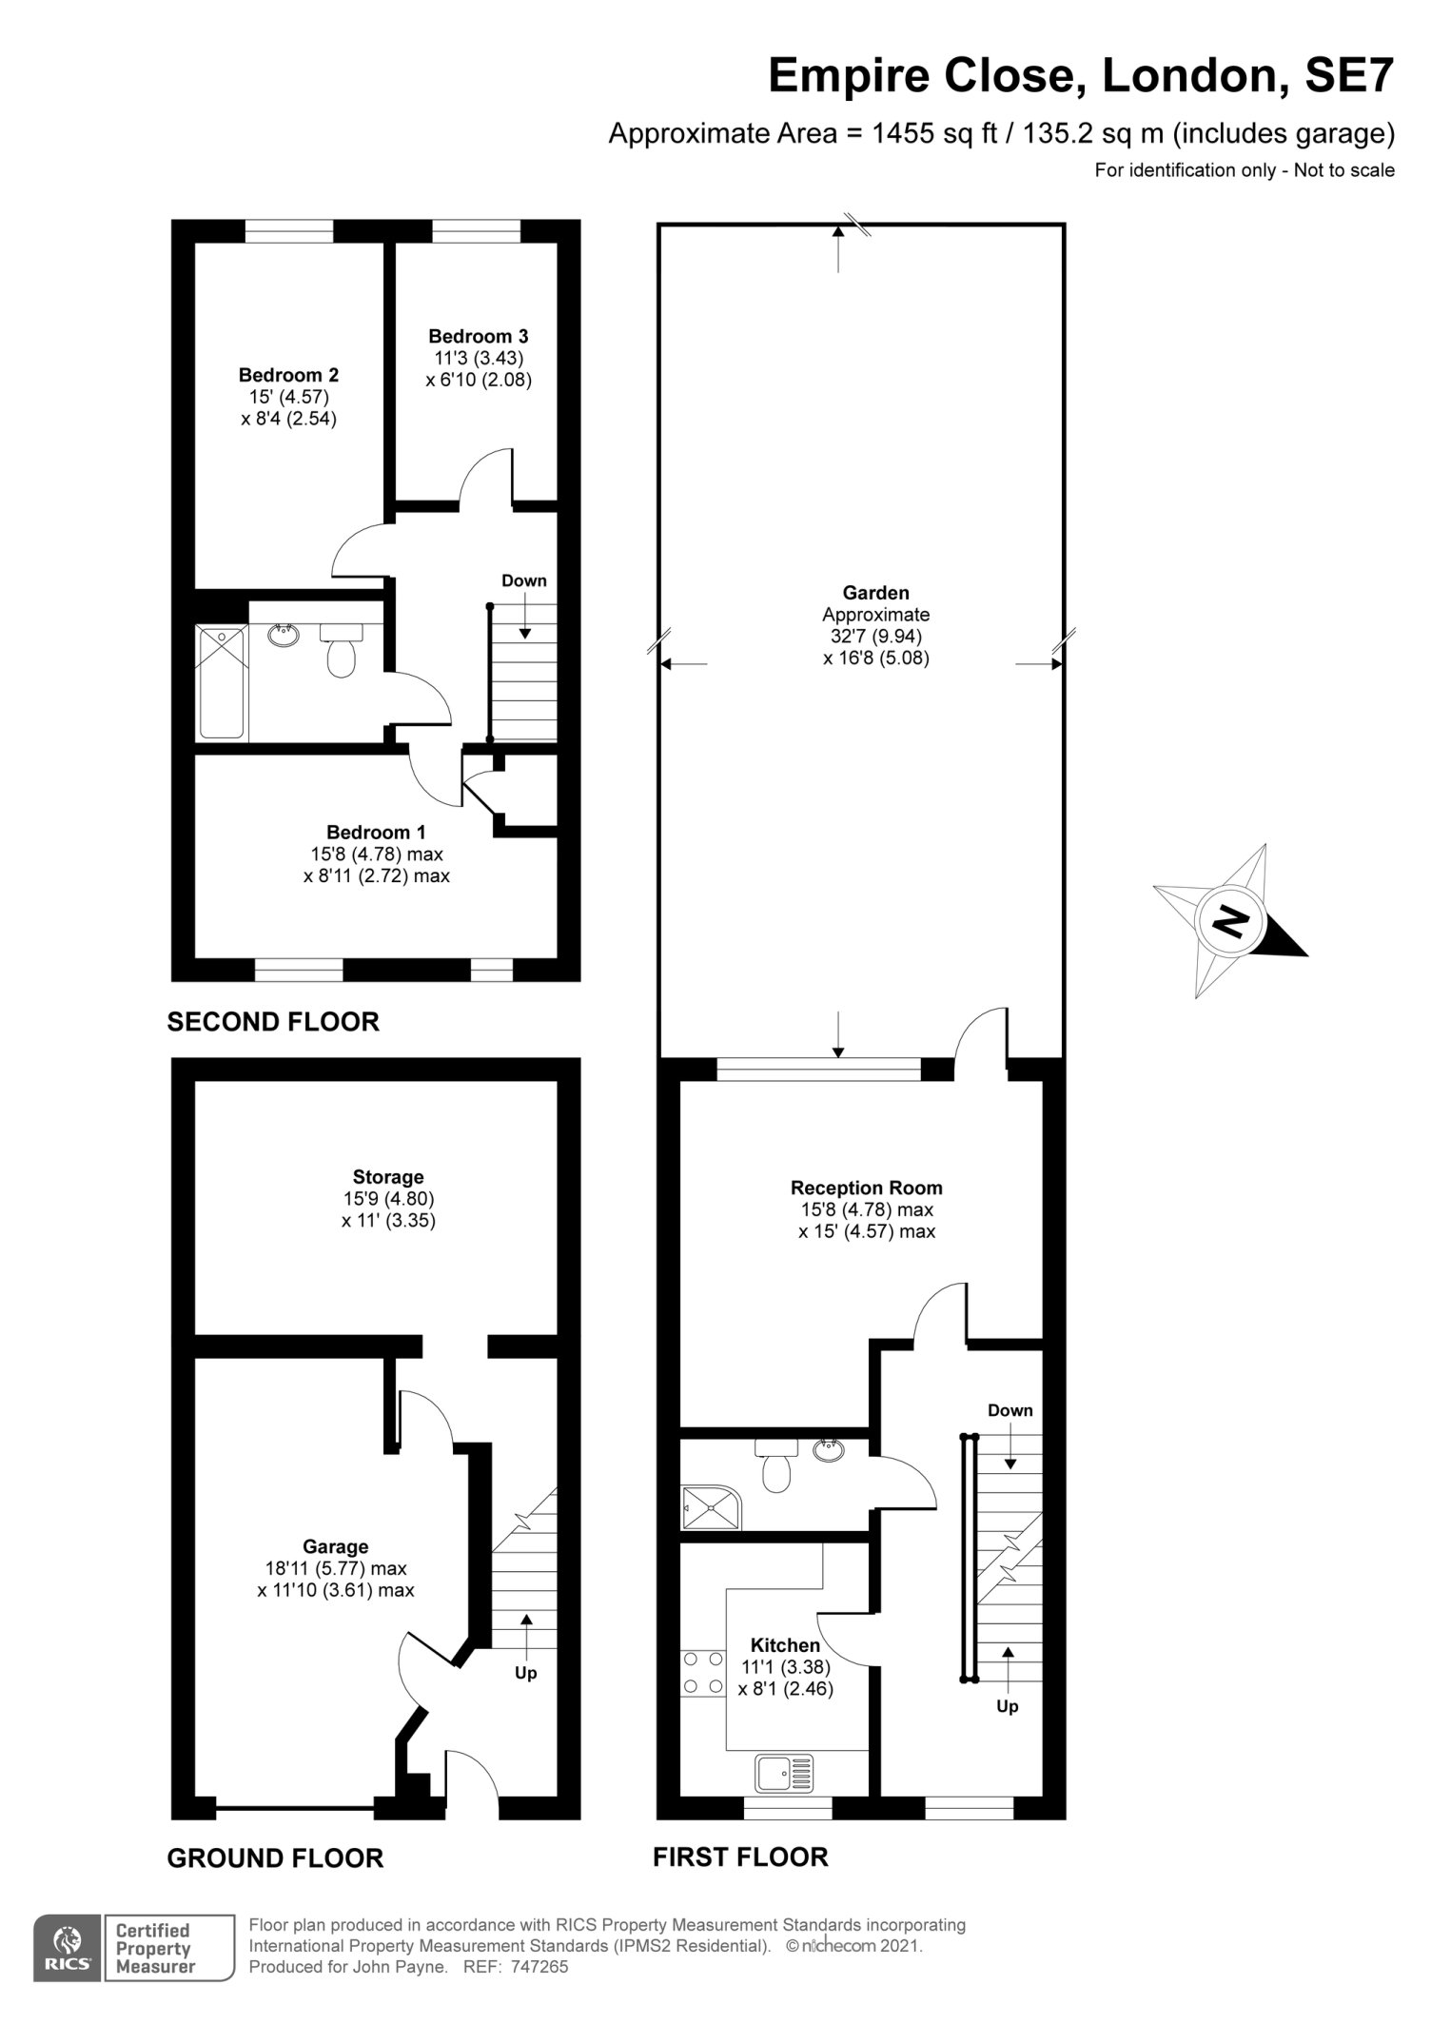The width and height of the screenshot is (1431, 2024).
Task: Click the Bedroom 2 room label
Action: click(x=288, y=375)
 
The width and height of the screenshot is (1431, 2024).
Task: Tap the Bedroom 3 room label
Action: click(x=479, y=336)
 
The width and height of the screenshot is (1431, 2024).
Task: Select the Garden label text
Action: click(x=876, y=593)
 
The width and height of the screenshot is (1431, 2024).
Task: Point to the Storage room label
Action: click(x=388, y=1177)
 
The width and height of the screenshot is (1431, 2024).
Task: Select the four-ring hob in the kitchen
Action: click(x=702, y=1672)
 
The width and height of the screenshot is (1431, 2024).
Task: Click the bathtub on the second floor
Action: click(x=222, y=681)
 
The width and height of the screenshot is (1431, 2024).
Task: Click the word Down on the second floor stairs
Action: click(x=524, y=580)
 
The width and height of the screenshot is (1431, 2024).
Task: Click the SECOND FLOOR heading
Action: click(x=273, y=1022)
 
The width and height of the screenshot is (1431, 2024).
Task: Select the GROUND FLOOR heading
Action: click(x=275, y=1857)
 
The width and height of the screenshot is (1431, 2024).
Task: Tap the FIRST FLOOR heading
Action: click(x=740, y=1856)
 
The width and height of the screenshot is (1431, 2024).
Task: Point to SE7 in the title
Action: click(x=1349, y=75)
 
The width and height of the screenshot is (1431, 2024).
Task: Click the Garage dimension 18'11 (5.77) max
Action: click(x=336, y=1568)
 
